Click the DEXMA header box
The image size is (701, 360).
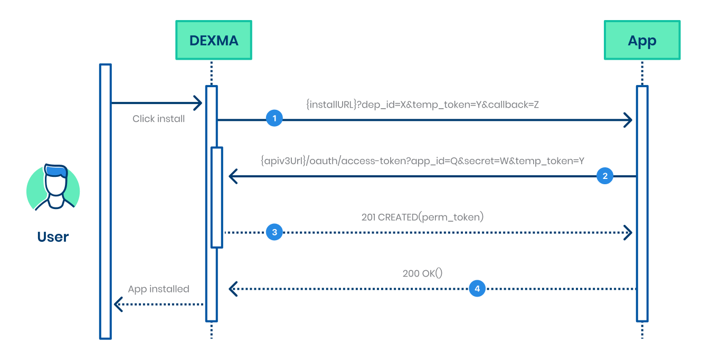pyautogui.click(x=213, y=40)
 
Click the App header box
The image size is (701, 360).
pyautogui.click(x=642, y=40)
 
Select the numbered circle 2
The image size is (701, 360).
pyautogui.click(x=605, y=176)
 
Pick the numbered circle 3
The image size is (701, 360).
pyautogui.click(x=274, y=232)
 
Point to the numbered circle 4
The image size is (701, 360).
pyautogui.click(x=477, y=289)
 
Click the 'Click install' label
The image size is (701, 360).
pyautogui.click(x=158, y=119)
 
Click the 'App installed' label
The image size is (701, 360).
pyautogui.click(x=158, y=289)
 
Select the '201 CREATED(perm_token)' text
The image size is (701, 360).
pyautogui.click(x=422, y=217)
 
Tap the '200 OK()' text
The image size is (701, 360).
pyautogui.click(x=422, y=273)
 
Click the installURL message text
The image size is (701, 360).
pyautogui.click(x=422, y=105)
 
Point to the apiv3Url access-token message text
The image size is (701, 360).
pyautogui.click(x=422, y=161)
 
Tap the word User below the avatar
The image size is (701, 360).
pyautogui.click(x=53, y=236)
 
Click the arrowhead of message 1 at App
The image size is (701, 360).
pyautogui.click(x=628, y=120)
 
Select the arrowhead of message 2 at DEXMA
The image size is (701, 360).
pyautogui.click(x=233, y=176)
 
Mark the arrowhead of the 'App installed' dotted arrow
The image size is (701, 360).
pyautogui.click(x=119, y=304)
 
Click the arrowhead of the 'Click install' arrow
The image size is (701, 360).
pyautogui.click(x=198, y=103)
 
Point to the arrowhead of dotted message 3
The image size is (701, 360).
pyautogui.click(x=628, y=232)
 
